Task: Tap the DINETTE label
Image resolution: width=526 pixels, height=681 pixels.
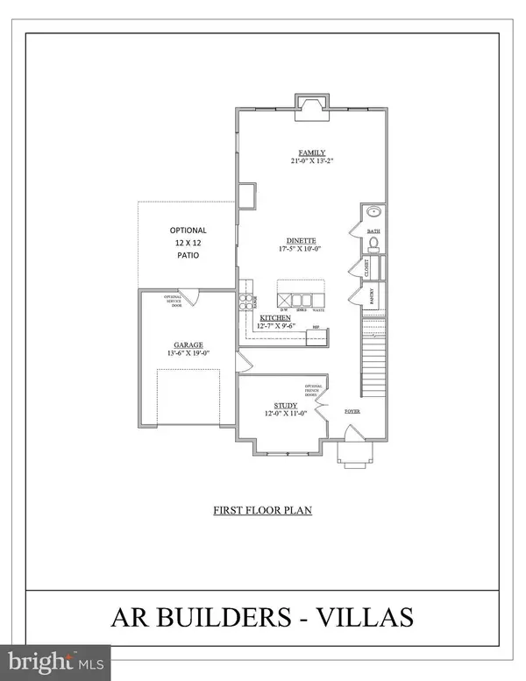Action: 300,240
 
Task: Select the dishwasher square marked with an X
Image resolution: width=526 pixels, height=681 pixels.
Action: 285,290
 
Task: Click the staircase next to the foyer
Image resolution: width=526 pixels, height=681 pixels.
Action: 373,355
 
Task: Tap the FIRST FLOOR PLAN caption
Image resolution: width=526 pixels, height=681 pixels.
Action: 263,509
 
